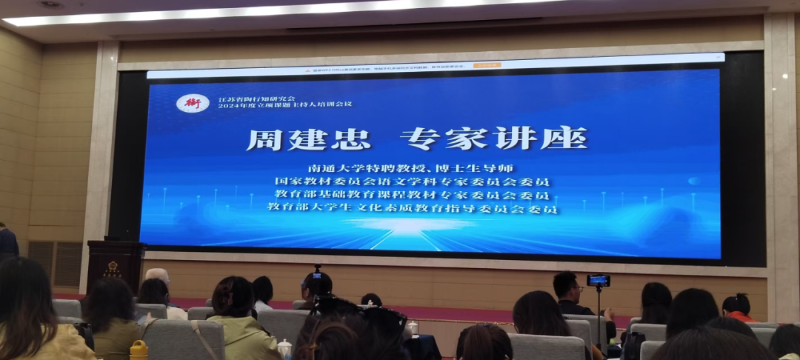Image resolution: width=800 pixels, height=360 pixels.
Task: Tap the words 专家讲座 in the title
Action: tap(493, 139)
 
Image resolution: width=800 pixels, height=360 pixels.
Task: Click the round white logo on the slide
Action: tap(193, 103)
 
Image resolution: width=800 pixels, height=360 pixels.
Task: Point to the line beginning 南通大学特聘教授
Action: tap(411, 168)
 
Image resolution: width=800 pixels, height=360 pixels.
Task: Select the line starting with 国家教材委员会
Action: tap(413, 181)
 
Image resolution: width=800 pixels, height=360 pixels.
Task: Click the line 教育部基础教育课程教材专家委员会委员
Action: tap(413, 196)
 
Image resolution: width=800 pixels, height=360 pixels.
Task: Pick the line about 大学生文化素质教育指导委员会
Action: tap(413, 209)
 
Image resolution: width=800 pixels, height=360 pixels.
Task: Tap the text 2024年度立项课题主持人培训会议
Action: tap(285, 106)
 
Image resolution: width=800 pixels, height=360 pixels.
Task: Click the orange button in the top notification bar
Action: tap(487, 65)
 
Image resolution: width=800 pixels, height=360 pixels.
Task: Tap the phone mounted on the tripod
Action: tap(599, 281)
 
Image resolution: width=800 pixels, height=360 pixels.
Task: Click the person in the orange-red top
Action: tap(737, 307)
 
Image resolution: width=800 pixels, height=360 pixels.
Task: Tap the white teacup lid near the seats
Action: tap(284, 344)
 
